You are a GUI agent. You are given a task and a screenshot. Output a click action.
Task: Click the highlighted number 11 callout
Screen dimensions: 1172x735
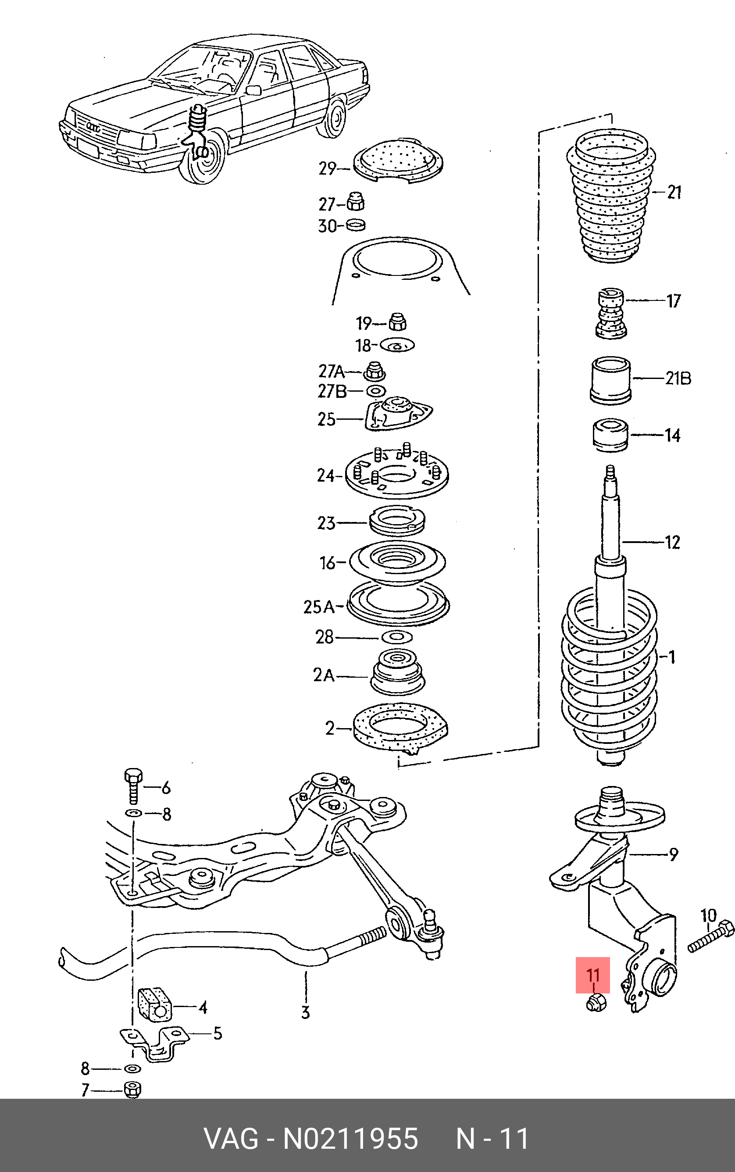click(592, 975)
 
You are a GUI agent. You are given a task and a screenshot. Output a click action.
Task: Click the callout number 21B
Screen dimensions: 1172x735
click(678, 378)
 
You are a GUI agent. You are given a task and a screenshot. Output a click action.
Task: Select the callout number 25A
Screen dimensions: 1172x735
click(319, 607)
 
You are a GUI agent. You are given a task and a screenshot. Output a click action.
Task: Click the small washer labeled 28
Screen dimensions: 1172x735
click(397, 637)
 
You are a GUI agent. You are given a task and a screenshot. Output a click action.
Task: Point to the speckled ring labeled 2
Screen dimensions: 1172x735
click(400, 728)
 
